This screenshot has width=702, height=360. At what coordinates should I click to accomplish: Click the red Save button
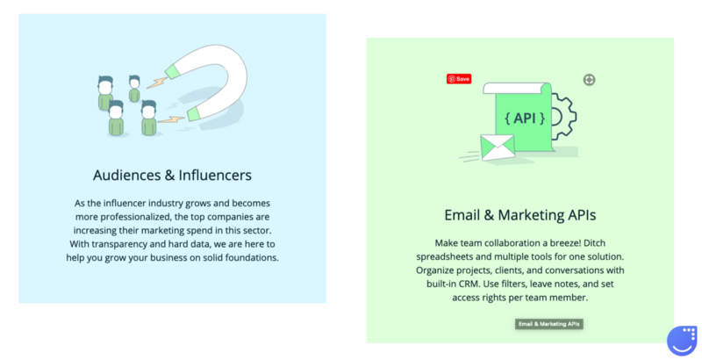pos(458,79)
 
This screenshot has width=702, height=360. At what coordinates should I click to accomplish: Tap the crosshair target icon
pos(589,80)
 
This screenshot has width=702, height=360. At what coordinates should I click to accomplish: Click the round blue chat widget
pos(682,341)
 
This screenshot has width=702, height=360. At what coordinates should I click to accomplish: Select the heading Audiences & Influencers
pos(172,175)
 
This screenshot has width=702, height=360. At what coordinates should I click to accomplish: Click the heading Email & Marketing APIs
pos(519,215)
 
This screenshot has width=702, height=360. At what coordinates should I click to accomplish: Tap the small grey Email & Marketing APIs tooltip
pos(549,324)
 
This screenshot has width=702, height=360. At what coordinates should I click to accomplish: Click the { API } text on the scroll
pos(525,119)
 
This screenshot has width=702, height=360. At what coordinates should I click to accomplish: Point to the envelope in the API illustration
pos(498,148)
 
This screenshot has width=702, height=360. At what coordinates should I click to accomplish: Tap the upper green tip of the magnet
pos(172,72)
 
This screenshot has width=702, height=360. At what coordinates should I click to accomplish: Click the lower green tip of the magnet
pos(193,114)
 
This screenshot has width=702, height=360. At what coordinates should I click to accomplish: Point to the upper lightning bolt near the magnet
pos(157,83)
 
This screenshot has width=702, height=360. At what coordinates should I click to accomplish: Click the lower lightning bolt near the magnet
pos(171,119)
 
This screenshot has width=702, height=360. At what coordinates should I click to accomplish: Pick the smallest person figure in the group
pos(134,89)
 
